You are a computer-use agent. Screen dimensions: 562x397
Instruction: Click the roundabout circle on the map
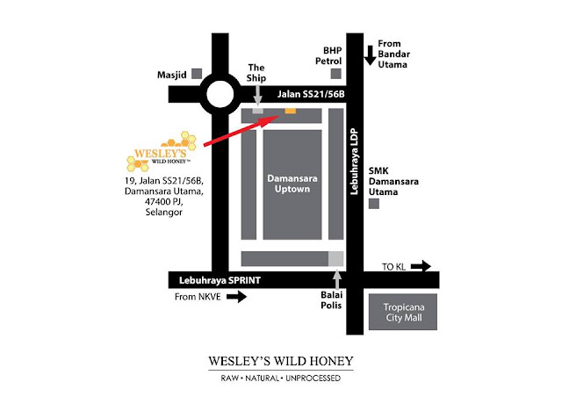(x=220, y=80)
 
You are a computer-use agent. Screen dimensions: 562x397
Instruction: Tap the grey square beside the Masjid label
(x=197, y=74)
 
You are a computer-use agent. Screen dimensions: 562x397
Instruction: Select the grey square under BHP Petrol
(x=335, y=74)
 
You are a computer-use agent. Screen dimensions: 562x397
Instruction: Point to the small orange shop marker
(x=291, y=111)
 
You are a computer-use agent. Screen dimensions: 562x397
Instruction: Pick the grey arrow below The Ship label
(x=257, y=96)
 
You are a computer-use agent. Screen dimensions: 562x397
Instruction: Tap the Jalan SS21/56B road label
(x=311, y=94)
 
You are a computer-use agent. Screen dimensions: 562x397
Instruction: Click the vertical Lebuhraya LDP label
(x=354, y=162)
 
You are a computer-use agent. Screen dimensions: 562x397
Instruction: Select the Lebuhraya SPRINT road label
(x=220, y=280)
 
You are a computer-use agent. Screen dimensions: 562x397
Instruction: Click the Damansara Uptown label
(x=292, y=184)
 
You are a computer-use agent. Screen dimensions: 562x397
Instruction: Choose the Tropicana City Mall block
(x=403, y=312)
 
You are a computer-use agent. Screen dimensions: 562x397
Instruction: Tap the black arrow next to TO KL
(x=421, y=266)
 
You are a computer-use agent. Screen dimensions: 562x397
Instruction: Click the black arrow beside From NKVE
(x=236, y=297)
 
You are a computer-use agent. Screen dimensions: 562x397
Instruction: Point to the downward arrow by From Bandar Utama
(x=371, y=55)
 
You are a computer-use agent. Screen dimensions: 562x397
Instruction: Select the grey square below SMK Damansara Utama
(x=374, y=204)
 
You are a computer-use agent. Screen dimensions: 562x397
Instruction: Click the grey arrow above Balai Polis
(x=337, y=279)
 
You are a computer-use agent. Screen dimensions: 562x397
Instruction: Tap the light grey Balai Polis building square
(x=335, y=259)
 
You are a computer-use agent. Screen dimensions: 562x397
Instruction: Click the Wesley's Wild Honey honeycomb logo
(x=162, y=151)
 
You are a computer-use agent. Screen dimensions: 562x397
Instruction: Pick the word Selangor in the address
(x=164, y=212)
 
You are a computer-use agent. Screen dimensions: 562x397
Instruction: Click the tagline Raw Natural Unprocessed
(x=281, y=378)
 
